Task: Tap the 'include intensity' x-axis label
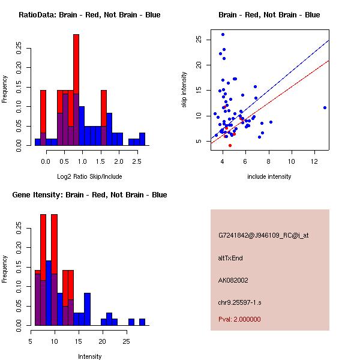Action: point(269,176)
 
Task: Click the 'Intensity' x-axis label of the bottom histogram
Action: point(89,356)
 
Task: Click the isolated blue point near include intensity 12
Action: point(325,107)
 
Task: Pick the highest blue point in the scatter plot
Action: point(223,35)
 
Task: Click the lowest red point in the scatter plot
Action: point(230,145)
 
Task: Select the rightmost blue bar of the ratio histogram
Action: point(142,139)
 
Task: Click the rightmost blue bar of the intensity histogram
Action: point(142,322)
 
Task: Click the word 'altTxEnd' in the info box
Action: point(230,258)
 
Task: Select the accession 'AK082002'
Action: point(233,280)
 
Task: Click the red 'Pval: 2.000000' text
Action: point(239,319)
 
